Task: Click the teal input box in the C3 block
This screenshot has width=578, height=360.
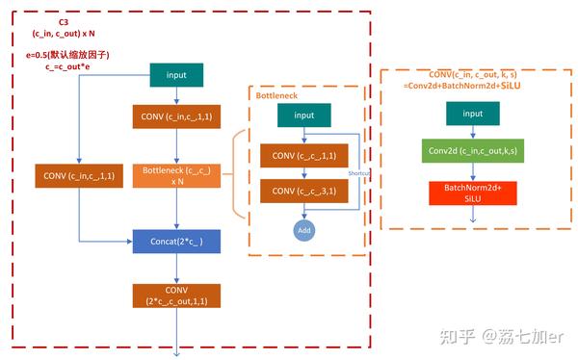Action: point(176,75)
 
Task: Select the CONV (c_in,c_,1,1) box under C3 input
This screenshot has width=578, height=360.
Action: point(176,117)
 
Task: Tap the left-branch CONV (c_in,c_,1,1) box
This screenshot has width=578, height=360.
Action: point(77,176)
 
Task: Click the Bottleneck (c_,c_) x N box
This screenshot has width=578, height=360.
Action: point(176,176)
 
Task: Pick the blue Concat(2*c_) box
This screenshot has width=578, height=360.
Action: point(176,238)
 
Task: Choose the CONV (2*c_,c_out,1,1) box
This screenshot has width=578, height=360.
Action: point(176,296)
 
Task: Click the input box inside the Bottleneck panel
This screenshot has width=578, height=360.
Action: point(304,116)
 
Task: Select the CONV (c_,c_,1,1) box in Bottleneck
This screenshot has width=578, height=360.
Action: point(304,156)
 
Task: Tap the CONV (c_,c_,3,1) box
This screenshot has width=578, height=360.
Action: point(304,191)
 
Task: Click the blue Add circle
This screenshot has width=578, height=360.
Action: point(304,231)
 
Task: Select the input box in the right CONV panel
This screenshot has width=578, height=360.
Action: point(472,114)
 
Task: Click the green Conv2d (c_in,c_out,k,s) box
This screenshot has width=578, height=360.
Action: point(472,152)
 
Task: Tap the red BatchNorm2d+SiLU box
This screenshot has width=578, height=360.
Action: point(472,193)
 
